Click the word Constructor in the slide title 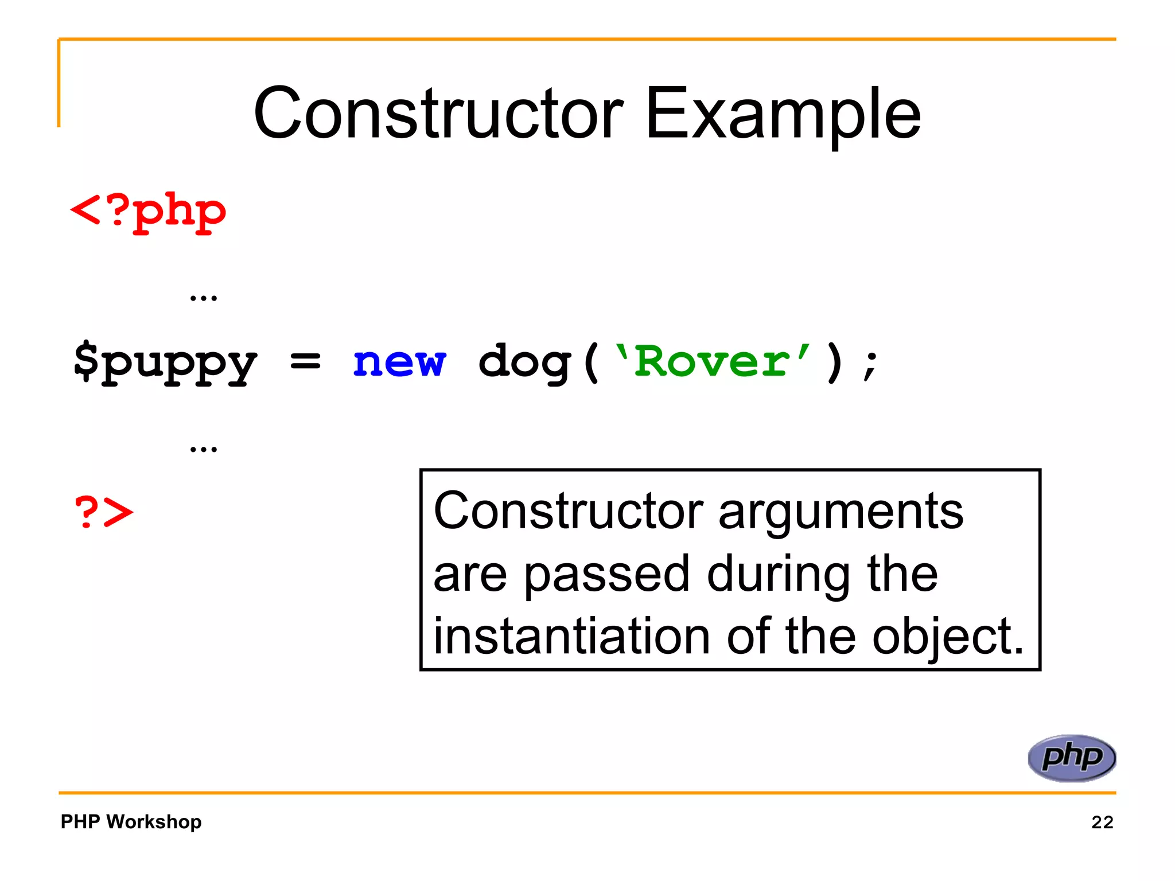pyautogui.click(x=439, y=113)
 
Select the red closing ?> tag pyautogui.click(x=104, y=512)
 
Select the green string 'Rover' pyautogui.click(x=712, y=361)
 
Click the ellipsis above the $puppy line pyautogui.click(x=204, y=297)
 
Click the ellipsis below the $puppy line pyautogui.click(x=204, y=449)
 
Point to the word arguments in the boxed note pyautogui.click(x=841, y=512)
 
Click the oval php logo pyautogui.click(x=1071, y=758)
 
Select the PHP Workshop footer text pyautogui.click(x=131, y=821)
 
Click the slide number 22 pyautogui.click(x=1102, y=822)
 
